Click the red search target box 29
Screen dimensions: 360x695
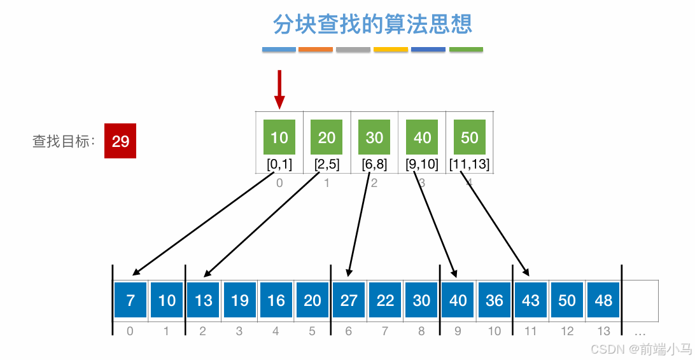[120, 141]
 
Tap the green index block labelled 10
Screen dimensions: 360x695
[279, 137]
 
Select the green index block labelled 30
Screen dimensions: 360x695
[374, 137]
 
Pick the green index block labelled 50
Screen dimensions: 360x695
[469, 137]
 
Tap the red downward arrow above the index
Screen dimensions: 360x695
[279, 89]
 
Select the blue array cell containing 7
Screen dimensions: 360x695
[130, 300]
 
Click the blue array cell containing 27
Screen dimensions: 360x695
[349, 300]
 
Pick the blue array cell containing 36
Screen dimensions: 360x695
[495, 300]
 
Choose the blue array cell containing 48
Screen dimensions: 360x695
[603, 300]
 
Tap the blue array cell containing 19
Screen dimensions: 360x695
[240, 300]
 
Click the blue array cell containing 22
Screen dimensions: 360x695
[385, 300]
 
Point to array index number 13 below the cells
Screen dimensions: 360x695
[603, 331]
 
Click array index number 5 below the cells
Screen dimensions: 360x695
[312, 331]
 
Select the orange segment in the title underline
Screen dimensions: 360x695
[316, 49]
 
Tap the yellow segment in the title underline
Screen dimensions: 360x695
[391, 49]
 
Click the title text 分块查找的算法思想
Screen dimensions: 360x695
[372, 25]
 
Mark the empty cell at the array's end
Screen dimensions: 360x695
[640, 300]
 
